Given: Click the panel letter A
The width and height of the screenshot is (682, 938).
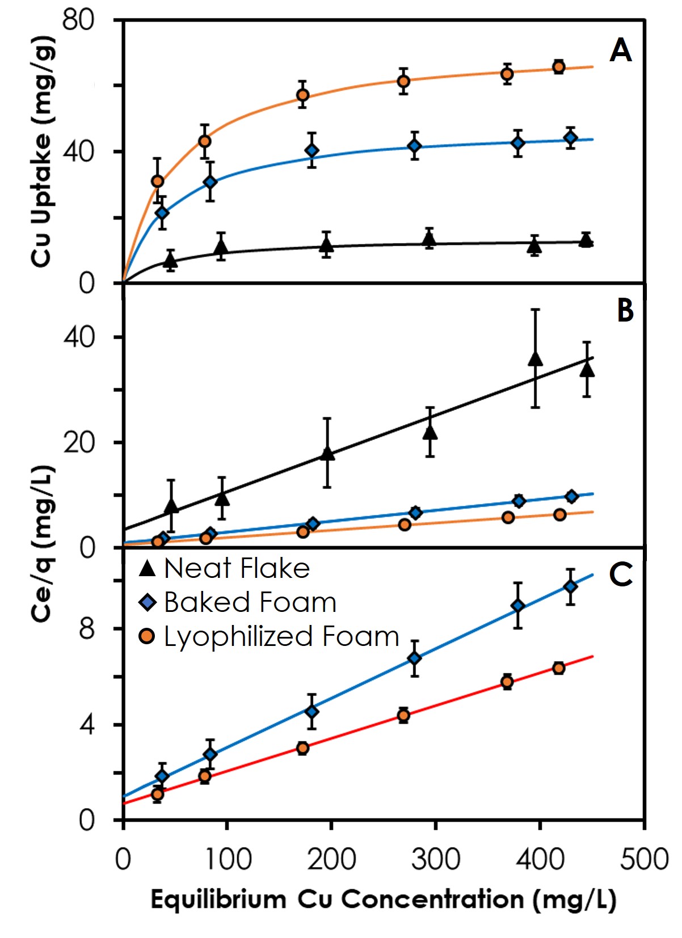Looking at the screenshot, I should click(x=621, y=50).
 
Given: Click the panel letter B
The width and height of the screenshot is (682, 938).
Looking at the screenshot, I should click(x=625, y=311).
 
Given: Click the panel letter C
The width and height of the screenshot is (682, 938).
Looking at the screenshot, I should click(x=621, y=574).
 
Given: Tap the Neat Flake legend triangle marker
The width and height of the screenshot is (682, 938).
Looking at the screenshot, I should click(x=148, y=568).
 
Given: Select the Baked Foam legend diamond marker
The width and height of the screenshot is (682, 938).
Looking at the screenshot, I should click(x=148, y=602).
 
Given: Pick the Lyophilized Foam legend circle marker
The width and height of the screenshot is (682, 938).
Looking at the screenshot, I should click(x=147, y=637).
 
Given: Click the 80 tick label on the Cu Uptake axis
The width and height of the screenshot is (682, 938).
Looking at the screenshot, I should click(x=78, y=20).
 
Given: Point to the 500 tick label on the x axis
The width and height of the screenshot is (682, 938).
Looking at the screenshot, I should click(x=644, y=859).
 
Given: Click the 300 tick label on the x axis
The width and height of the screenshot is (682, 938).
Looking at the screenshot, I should click(x=436, y=859).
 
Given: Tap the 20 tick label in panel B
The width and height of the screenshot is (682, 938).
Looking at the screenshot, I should click(x=79, y=443).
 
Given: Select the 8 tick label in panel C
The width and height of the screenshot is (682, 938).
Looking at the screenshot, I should click(x=87, y=629).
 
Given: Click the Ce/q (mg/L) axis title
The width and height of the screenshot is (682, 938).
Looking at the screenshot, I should click(x=43, y=543).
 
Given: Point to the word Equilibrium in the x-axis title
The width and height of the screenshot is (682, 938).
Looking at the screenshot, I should click(x=218, y=900).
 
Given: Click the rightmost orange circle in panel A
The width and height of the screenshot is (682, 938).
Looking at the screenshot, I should click(x=559, y=67).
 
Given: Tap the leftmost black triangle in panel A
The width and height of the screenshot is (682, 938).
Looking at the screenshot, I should click(x=170, y=261).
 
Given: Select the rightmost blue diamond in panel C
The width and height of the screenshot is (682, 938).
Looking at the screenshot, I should click(x=571, y=586).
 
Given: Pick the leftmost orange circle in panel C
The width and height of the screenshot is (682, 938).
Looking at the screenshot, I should click(x=158, y=794).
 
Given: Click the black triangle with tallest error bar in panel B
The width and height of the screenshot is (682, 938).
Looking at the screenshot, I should click(x=535, y=359).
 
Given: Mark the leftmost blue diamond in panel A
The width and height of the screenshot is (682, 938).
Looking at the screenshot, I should click(x=162, y=213).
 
